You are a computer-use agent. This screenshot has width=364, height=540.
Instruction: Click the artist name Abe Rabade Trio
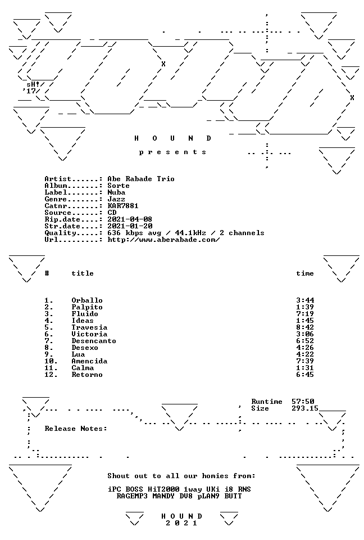coord(141,179)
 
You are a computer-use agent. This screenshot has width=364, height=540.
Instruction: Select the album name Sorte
coord(119,186)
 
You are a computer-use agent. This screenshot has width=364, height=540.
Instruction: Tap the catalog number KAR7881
coord(123,206)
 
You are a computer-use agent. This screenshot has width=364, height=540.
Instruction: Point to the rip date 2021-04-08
coord(130,219)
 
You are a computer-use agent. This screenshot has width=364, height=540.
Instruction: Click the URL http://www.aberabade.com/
coord(163,240)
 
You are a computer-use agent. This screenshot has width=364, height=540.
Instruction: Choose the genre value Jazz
coord(116,199)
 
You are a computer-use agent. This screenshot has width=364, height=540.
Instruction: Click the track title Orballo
coord(87,300)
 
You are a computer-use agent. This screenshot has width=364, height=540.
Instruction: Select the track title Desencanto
coord(94,341)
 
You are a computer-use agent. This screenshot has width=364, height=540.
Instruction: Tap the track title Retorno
coord(87,375)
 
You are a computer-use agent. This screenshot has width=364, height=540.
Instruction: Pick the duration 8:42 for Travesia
coord(305,327)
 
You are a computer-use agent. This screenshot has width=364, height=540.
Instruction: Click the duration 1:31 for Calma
coord(305,368)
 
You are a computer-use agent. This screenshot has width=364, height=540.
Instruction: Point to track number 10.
coord(51,361)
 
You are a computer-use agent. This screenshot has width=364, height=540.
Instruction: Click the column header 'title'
coord(83,273)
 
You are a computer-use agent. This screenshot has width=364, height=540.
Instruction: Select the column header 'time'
coord(305,273)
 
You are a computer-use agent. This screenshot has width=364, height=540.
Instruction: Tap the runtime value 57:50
coord(303,402)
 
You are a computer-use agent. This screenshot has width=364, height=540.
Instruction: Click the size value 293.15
coord(305,408)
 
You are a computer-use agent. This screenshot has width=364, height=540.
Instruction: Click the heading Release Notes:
coord(76,429)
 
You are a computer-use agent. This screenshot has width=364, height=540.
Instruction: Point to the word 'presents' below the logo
coord(172,152)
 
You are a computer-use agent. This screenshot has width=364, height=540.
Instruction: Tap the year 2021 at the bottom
coord(181,523)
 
